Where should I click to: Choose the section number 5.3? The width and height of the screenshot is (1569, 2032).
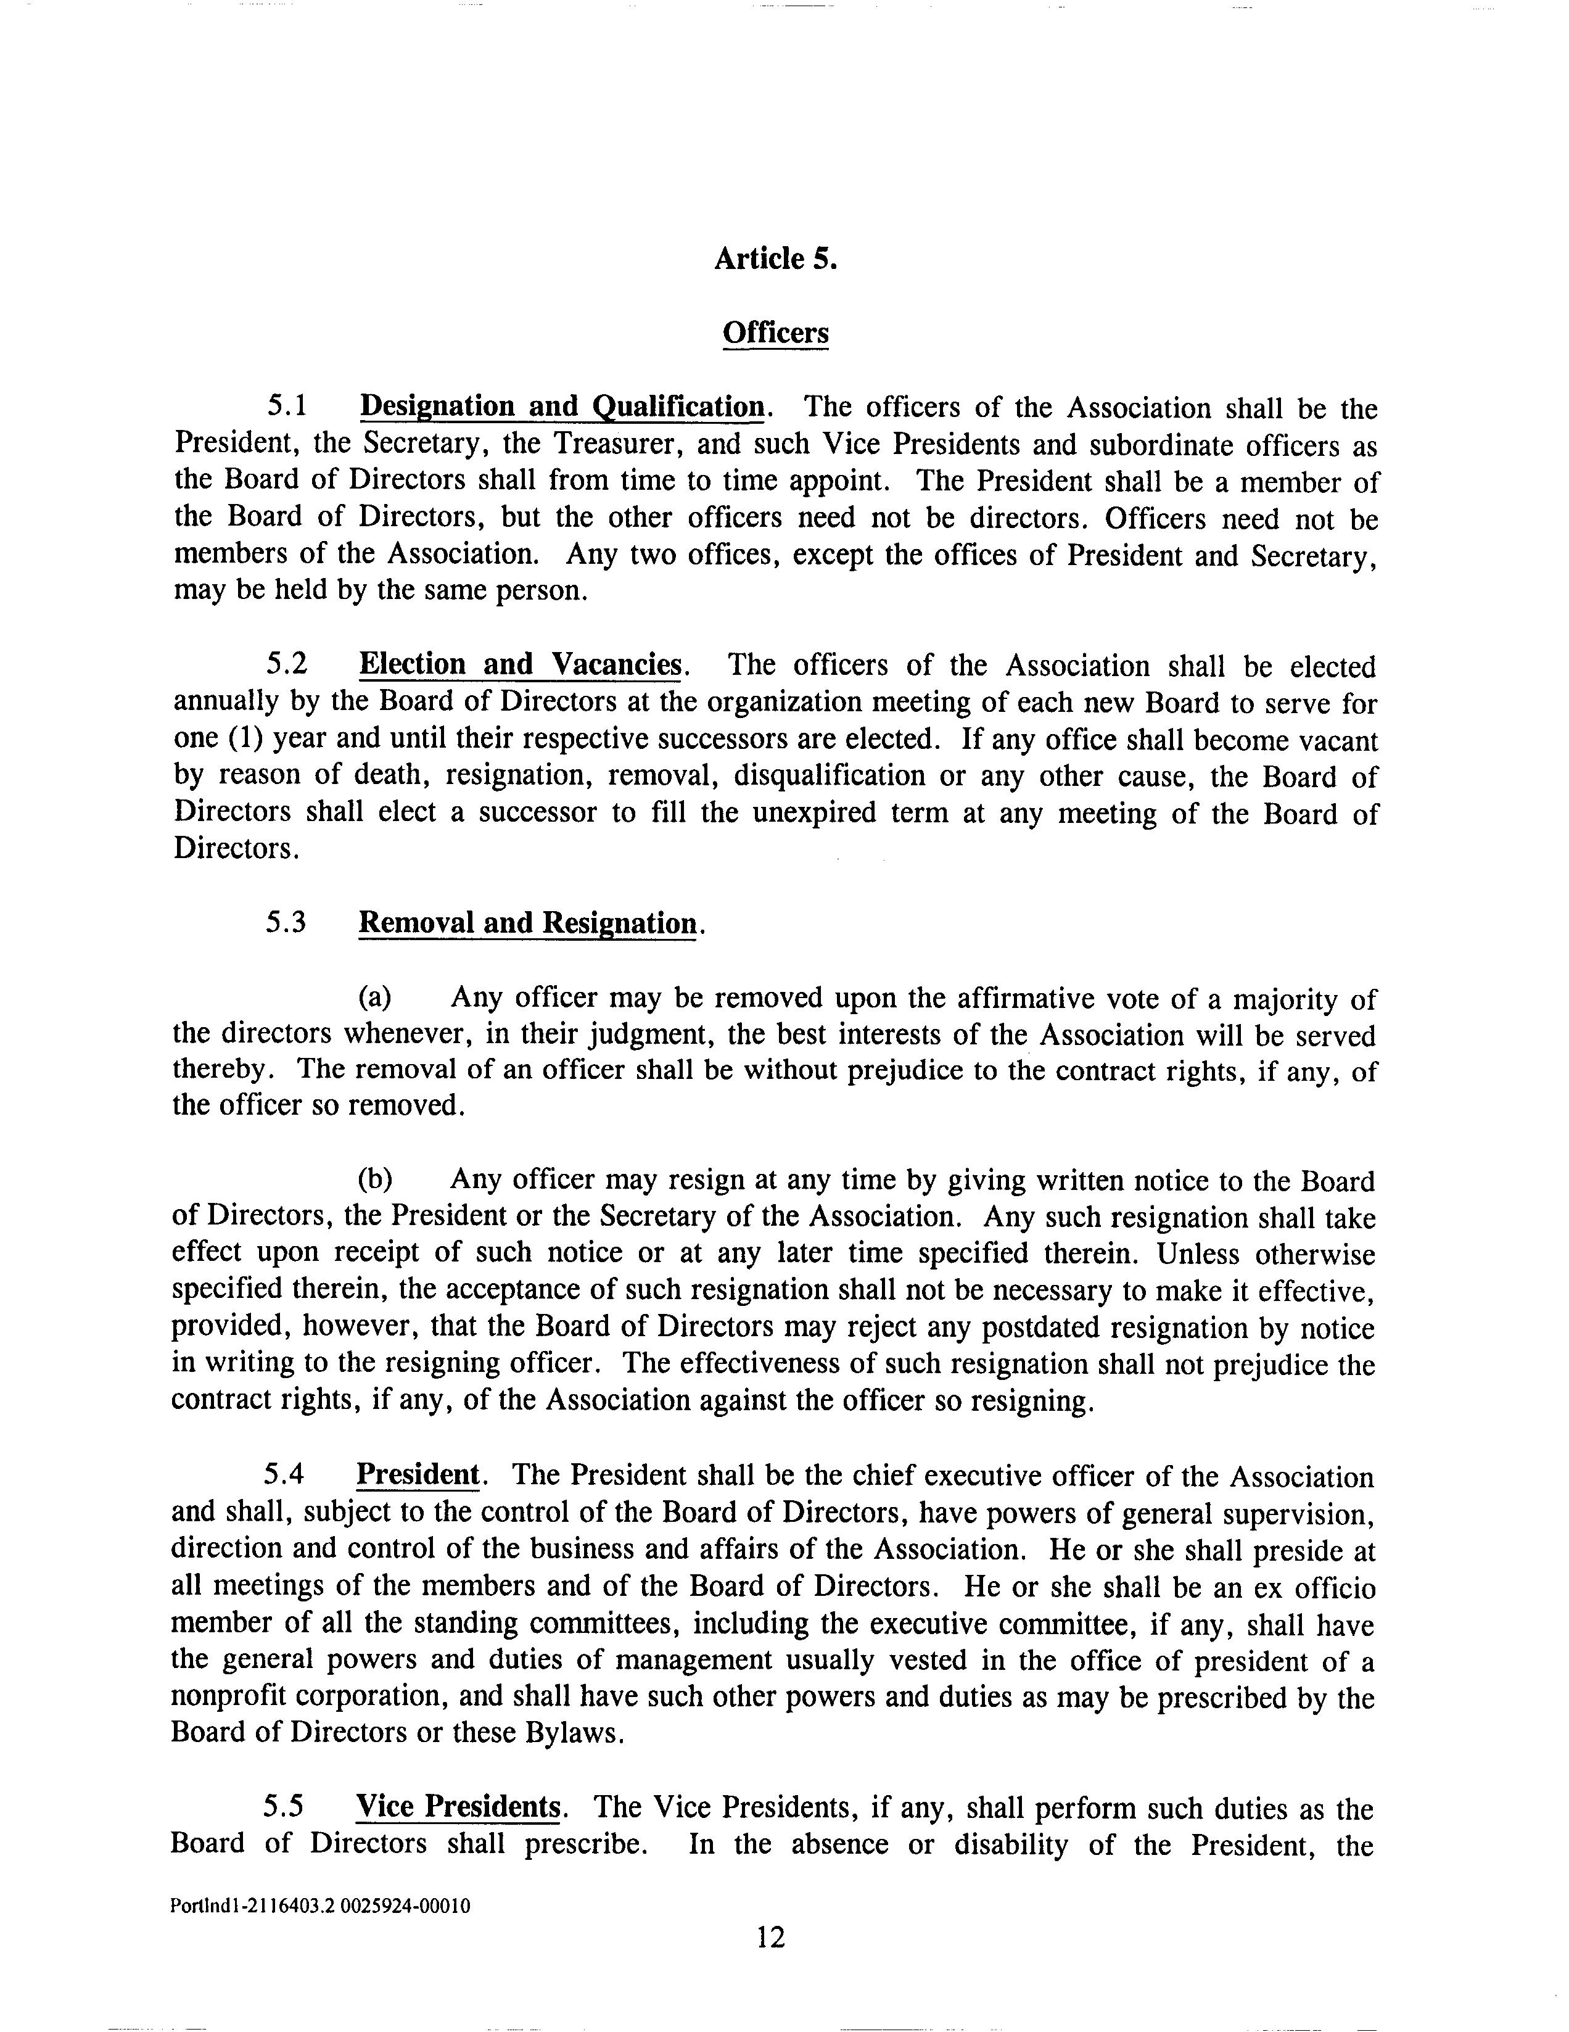[x=286, y=922]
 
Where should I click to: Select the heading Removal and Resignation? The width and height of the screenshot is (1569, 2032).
[x=527, y=923]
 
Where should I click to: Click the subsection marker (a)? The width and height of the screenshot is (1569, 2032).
[x=376, y=997]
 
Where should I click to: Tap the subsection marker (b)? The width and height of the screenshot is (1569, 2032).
[x=376, y=1179]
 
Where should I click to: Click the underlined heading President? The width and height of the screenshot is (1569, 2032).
[x=417, y=1475]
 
